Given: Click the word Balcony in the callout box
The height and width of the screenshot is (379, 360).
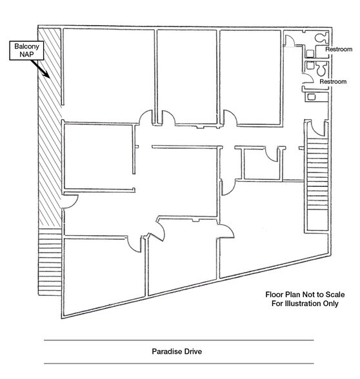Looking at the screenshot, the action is [x=26, y=46].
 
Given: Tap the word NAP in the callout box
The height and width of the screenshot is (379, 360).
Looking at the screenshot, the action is [x=26, y=54].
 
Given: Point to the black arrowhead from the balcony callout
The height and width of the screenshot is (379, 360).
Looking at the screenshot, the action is [x=46, y=74].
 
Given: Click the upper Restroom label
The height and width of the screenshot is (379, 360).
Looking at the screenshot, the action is [x=339, y=49].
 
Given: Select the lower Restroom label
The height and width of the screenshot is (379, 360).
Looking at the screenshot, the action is [x=333, y=82].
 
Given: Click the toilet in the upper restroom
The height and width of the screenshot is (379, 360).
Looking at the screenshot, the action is [x=321, y=37].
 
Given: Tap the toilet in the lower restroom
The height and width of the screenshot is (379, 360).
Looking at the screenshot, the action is [x=321, y=69].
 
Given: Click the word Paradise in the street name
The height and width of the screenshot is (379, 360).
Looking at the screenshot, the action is [x=167, y=351].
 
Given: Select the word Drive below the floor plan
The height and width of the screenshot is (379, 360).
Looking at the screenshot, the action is [x=193, y=351].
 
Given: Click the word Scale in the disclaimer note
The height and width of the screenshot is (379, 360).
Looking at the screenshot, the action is [x=335, y=295].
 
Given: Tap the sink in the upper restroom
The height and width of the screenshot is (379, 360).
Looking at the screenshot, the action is [x=310, y=53].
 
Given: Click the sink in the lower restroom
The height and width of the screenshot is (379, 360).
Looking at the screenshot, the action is [x=310, y=65].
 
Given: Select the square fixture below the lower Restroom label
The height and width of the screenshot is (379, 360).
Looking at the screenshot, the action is [x=311, y=97].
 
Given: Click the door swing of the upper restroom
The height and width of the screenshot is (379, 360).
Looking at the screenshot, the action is [x=290, y=41].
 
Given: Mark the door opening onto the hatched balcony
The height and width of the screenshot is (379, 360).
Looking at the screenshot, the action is [x=71, y=201].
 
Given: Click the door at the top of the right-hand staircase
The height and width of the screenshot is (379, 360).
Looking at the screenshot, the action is [x=317, y=129].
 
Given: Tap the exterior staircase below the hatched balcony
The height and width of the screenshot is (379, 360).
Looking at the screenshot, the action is [x=50, y=262].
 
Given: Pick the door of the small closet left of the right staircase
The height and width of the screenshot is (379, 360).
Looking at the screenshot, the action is [x=272, y=154].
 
